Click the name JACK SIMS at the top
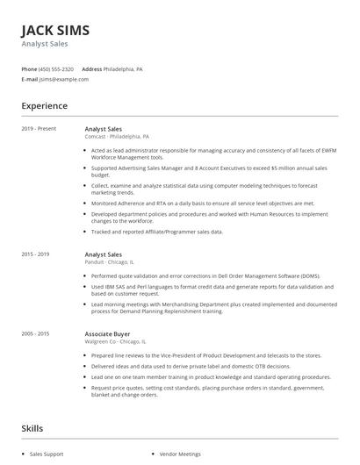pyautogui.click(x=54, y=30)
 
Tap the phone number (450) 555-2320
pyautogui.click(x=56, y=68)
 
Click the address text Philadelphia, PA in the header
pyautogui.click(x=124, y=68)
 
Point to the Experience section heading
pyautogui.click(x=44, y=106)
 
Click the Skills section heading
pyautogui.click(x=32, y=428)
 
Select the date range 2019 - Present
pyautogui.click(x=39, y=129)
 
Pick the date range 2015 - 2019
pyautogui.click(x=36, y=254)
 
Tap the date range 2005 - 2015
pyautogui.click(x=36, y=333)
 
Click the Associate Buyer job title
pyautogui.click(x=109, y=333)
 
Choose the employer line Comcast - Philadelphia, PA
pyautogui.click(x=117, y=137)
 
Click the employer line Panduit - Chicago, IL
pyautogui.click(x=109, y=262)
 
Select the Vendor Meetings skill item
pyautogui.click(x=180, y=454)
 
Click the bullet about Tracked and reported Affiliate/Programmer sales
pyautogui.click(x=157, y=232)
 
